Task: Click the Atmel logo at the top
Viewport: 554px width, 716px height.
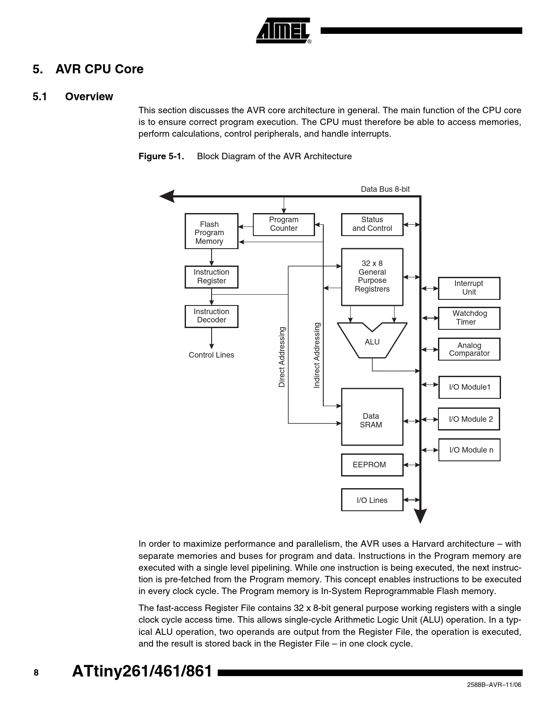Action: [283, 31]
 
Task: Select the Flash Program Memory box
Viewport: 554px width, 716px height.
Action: [211, 231]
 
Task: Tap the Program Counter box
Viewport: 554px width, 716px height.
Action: [283, 224]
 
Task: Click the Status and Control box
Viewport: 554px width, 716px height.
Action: [372, 224]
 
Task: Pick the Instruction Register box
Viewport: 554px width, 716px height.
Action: [211, 277]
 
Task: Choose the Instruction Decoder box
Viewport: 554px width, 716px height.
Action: [211, 316]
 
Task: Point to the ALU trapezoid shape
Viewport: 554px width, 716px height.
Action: [372, 342]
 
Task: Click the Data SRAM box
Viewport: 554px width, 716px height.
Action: [372, 417]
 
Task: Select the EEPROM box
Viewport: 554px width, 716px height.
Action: [372, 465]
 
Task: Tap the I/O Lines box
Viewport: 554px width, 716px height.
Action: [372, 500]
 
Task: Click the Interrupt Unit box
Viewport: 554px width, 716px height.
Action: [469, 288]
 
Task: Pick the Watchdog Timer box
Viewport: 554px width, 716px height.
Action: [469, 318]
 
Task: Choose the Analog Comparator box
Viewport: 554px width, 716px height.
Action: [469, 349]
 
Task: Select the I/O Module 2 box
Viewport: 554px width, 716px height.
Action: [469, 419]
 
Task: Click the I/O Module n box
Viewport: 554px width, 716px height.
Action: [469, 450]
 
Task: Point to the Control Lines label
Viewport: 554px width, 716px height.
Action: [211, 355]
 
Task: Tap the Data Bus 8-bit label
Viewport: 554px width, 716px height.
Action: [385, 189]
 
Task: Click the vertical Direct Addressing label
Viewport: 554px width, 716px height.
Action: [282, 357]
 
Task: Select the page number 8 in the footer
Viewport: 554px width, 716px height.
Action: [36, 673]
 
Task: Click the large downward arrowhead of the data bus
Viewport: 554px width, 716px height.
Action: [420, 516]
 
